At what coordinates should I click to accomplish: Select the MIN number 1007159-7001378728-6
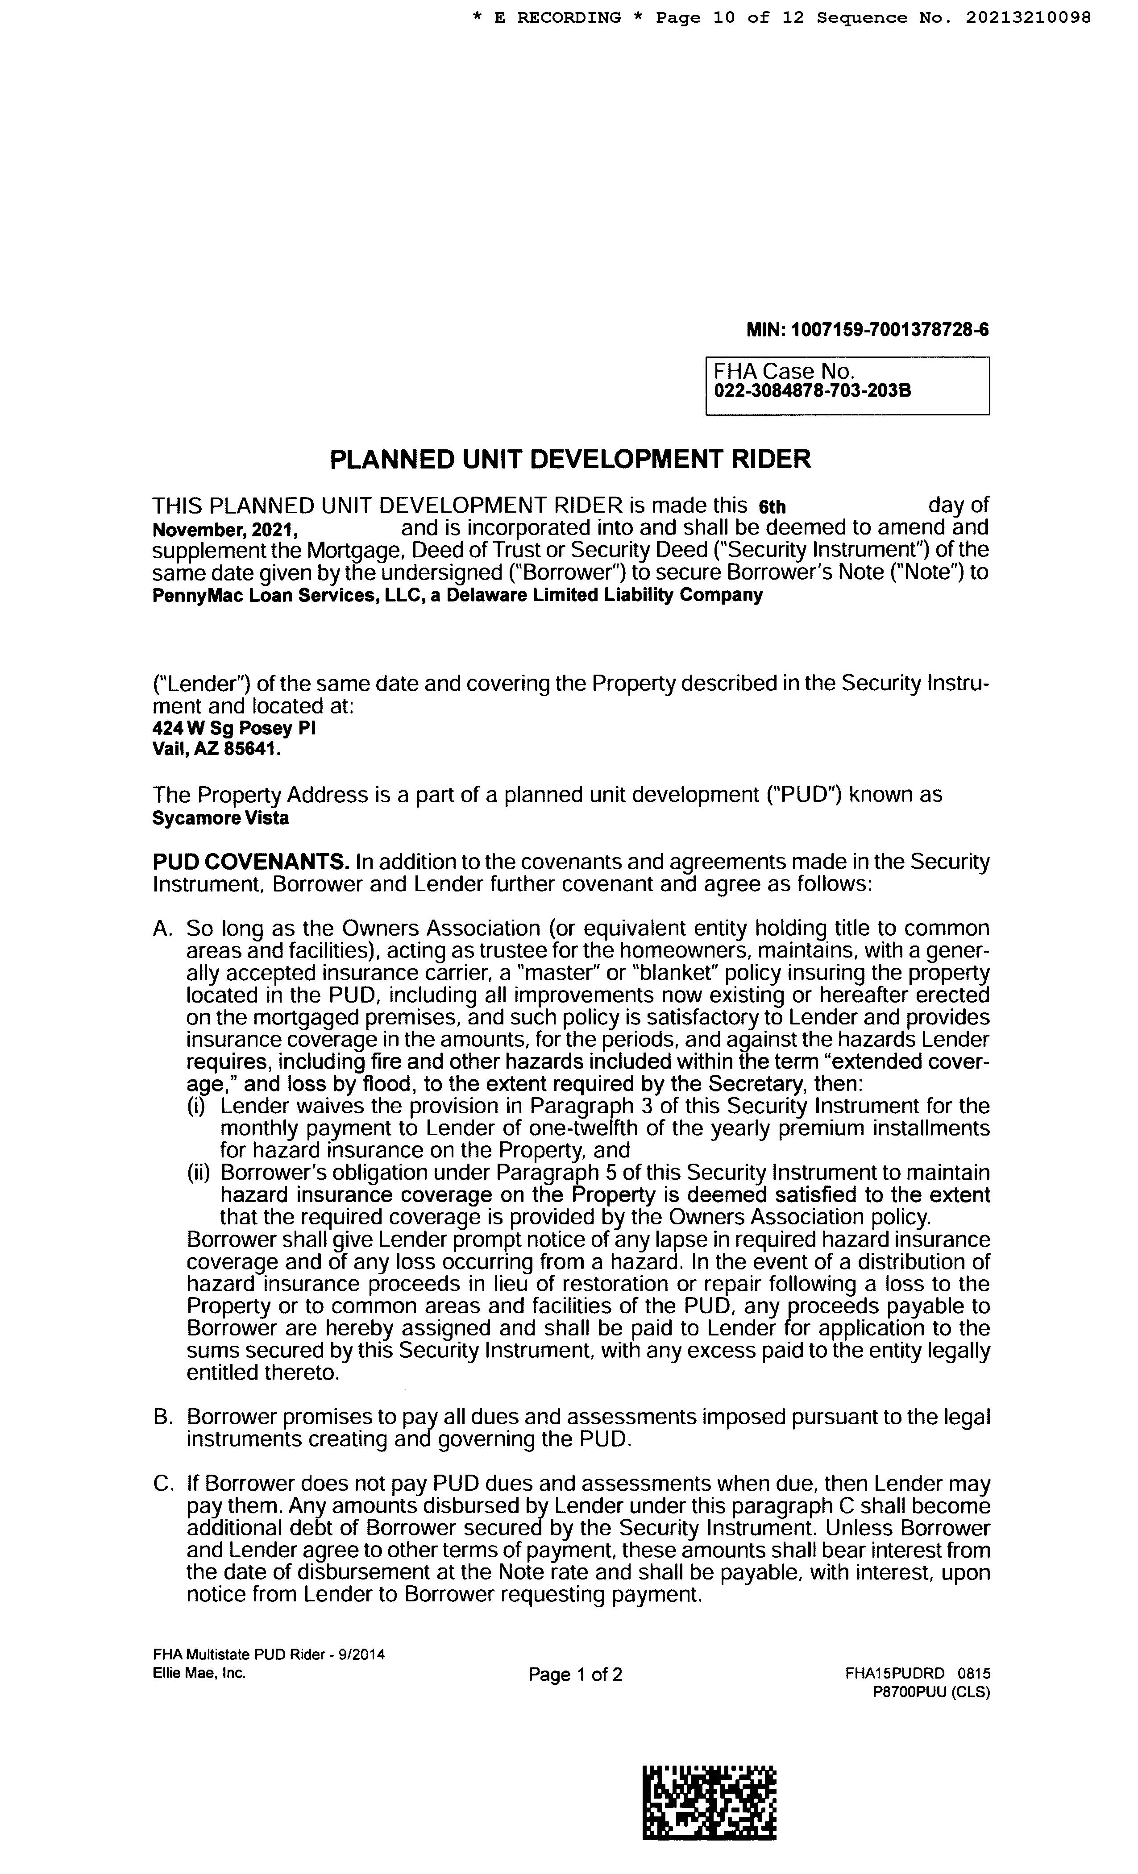[x=890, y=330]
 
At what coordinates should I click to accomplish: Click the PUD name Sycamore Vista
[x=220, y=818]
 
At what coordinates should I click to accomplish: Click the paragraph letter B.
[x=163, y=1418]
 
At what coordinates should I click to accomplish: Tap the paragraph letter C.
[x=163, y=1484]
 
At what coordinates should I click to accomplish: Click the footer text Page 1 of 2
[x=575, y=1675]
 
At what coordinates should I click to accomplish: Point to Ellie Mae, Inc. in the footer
[x=199, y=1673]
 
